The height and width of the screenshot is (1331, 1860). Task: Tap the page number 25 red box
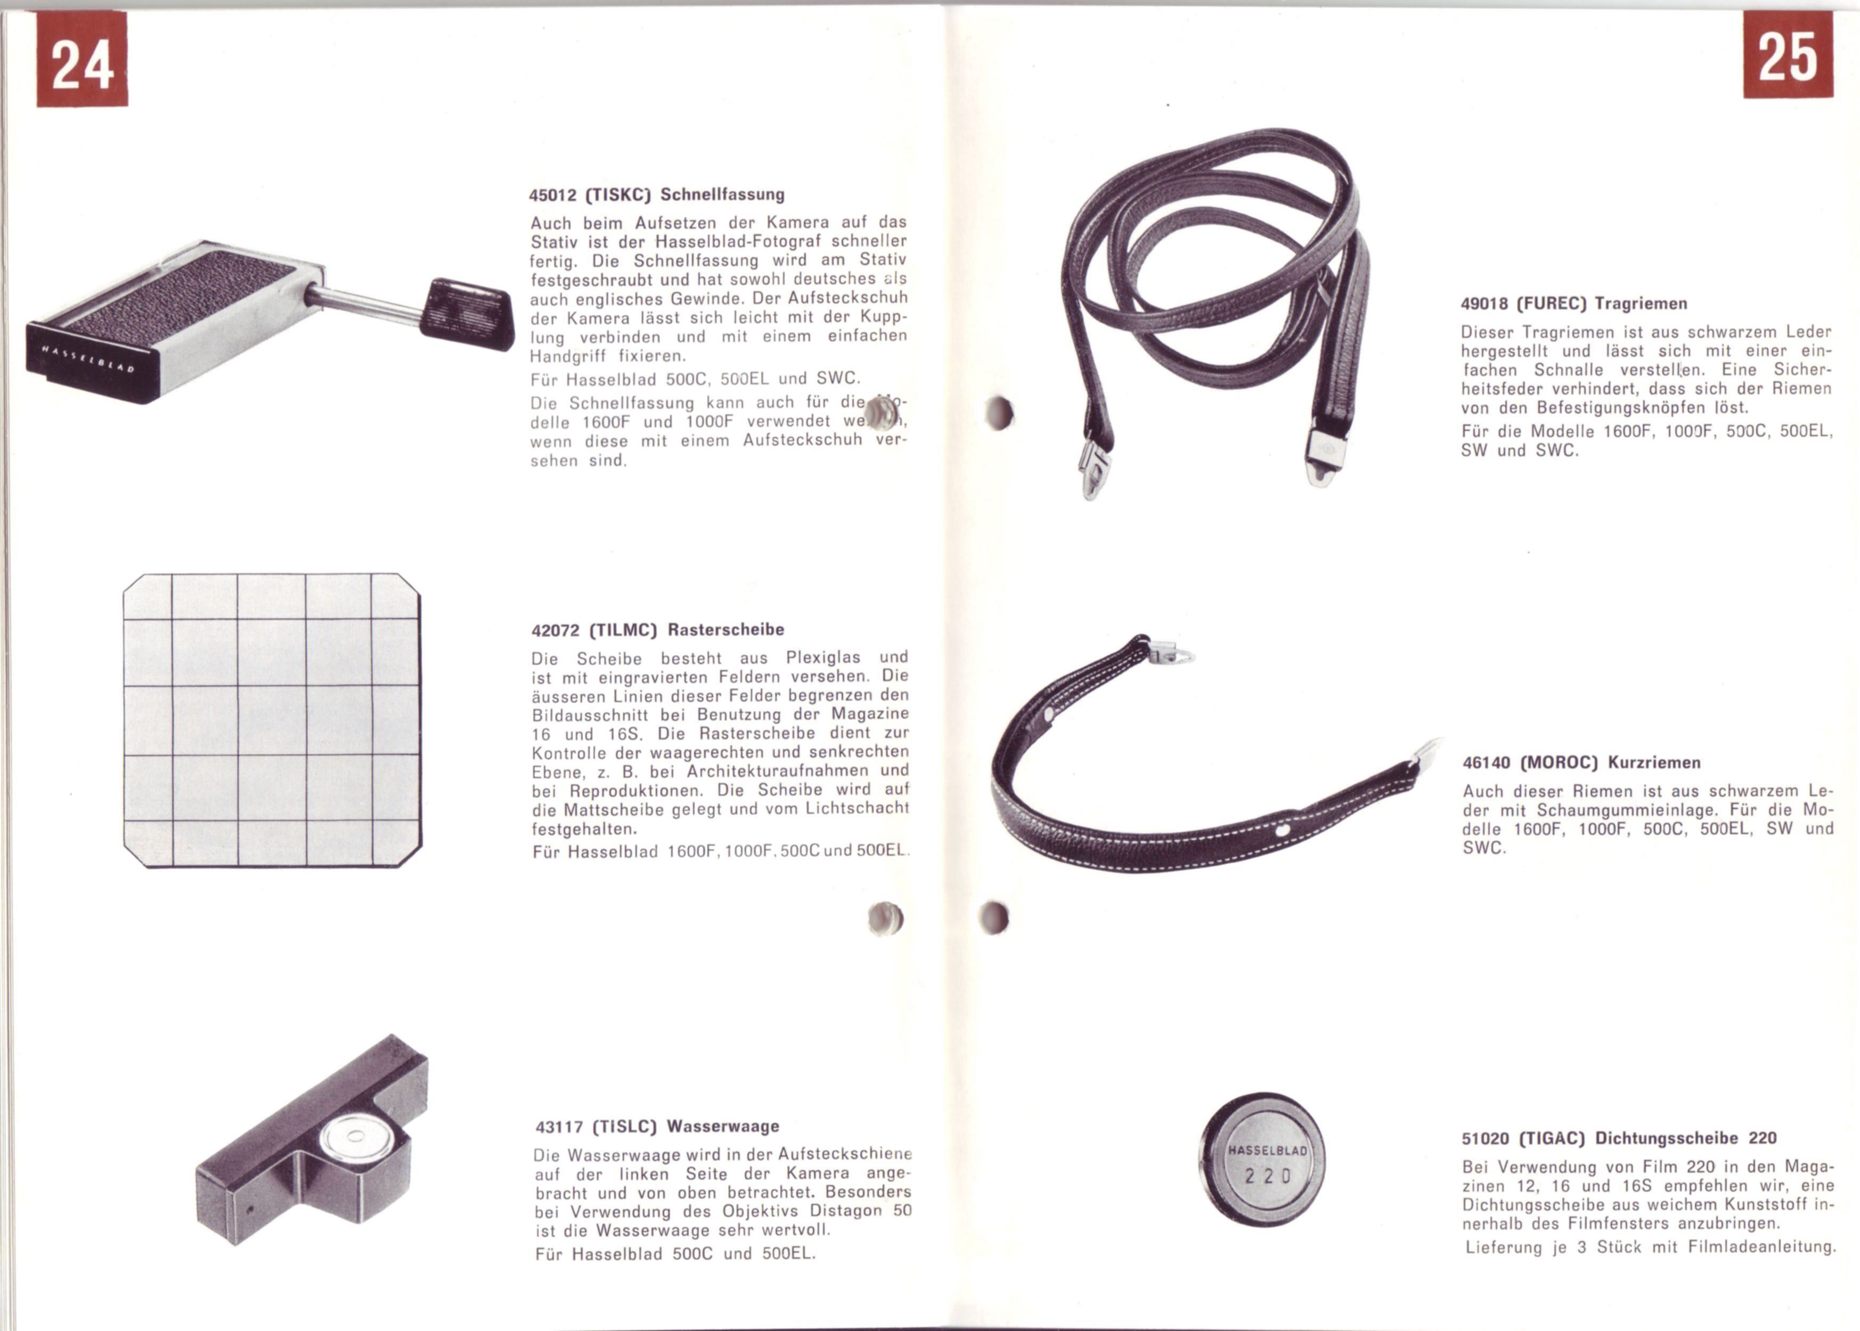point(1788,54)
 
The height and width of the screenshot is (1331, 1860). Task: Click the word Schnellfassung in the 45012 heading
point(722,195)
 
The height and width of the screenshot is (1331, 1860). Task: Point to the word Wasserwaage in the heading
point(723,1126)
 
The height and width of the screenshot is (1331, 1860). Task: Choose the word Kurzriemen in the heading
point(1654,763)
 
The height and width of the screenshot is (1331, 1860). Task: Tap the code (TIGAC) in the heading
point(1552,1138)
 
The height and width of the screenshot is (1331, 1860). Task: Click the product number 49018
point(1484,304)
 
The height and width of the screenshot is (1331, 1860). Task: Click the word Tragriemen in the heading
point(1641,304)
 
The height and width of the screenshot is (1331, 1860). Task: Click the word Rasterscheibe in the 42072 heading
point(725,630)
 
